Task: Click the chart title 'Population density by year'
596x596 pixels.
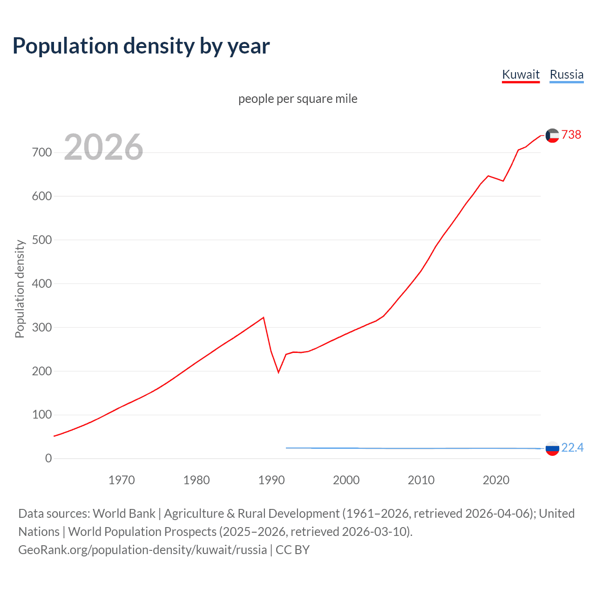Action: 141,46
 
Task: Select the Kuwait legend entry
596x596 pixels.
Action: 521,74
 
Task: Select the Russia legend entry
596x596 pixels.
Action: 566,74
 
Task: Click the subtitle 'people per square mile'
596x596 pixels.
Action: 298,99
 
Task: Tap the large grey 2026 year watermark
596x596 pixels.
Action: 103,147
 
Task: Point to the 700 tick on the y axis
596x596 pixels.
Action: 42,152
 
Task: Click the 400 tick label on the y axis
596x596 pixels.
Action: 42,284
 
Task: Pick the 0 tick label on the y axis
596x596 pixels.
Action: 48,458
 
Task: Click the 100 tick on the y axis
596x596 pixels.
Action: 42,415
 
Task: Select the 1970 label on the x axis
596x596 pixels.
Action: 122,480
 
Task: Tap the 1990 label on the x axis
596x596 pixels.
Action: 271,480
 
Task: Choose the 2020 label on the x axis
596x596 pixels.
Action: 496,480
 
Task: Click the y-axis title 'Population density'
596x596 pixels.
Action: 20,289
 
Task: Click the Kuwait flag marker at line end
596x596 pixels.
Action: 552,135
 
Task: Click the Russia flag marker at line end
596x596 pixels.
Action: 552,448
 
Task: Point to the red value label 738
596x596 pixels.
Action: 571,135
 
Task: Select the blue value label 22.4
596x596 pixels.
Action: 572,447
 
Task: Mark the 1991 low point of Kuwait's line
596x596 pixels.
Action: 278,372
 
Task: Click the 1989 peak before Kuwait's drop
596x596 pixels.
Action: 264,318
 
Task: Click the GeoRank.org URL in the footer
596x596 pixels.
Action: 142,550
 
